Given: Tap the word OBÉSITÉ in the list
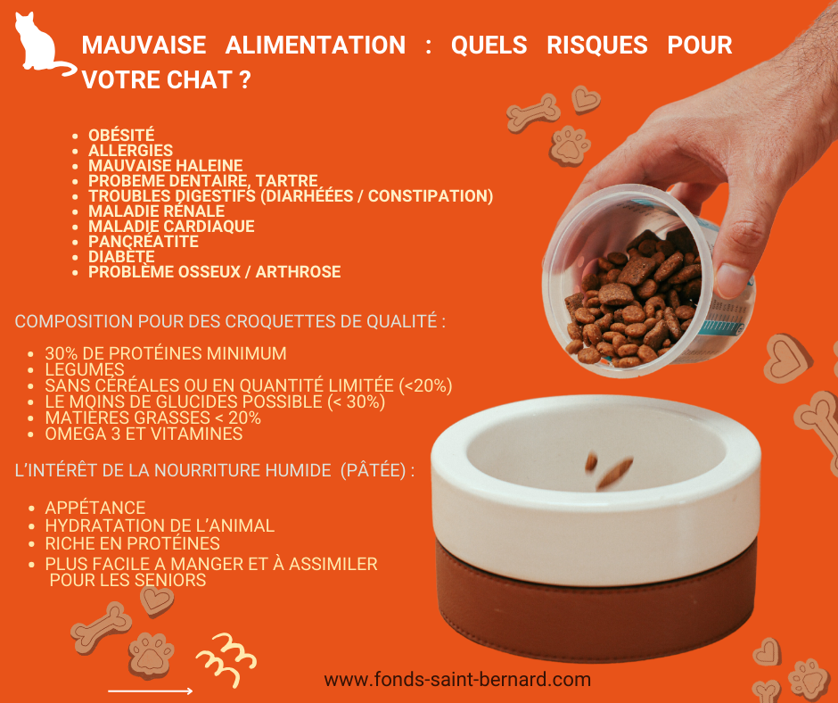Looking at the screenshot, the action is tap(121, 135).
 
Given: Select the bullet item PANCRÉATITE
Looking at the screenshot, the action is tap(144, 241).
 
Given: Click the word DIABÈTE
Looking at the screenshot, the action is tap(121, 257).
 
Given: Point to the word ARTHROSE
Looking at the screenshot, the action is tap(298, 272).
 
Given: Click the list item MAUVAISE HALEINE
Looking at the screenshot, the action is tap(165, 165).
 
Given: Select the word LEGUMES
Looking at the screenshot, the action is tap(85, 369).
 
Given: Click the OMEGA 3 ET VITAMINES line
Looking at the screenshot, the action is tap(144, 434).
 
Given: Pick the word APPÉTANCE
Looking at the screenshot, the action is tap(95, 508).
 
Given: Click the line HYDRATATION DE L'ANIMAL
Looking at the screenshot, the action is tap(160, 526).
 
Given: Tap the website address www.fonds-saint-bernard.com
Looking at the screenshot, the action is tap(457, 680).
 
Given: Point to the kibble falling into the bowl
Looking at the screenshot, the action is tap(610, 469).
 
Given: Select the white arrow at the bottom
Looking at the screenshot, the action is tap(150, 691).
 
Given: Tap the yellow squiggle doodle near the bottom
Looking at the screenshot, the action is tap(226, 660).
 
